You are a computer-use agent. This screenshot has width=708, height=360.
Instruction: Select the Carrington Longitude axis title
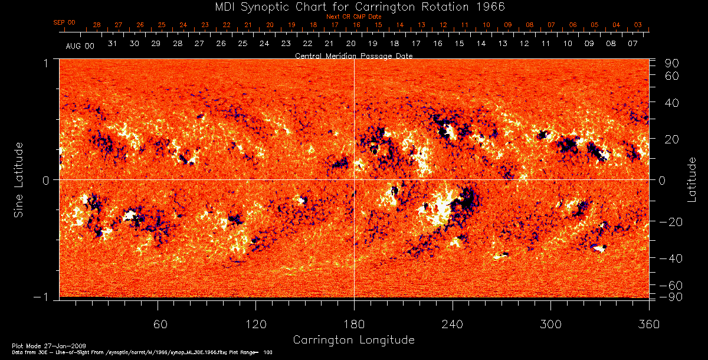(x=353, y=340)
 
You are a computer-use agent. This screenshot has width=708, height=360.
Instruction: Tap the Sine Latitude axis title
(x=19, y=179)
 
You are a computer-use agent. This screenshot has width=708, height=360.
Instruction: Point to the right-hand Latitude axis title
(x=691, y=179)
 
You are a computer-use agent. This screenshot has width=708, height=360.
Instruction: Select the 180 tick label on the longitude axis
(x=354, y=324)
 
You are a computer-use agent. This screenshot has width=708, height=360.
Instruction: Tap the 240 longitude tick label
(x=453, y=324)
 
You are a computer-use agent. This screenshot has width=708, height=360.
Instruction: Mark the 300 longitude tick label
(x=550, y=324)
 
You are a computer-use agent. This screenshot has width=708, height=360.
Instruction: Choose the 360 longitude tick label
(x=648, y=324)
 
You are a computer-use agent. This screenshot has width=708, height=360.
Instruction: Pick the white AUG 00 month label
(x=80, y=45)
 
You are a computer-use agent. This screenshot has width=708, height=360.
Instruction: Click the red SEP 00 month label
(x=64, y=22)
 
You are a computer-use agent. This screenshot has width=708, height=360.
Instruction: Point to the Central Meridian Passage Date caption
(x=353, y=55)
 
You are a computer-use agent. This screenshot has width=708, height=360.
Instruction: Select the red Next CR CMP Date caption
(x=353, y=17)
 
